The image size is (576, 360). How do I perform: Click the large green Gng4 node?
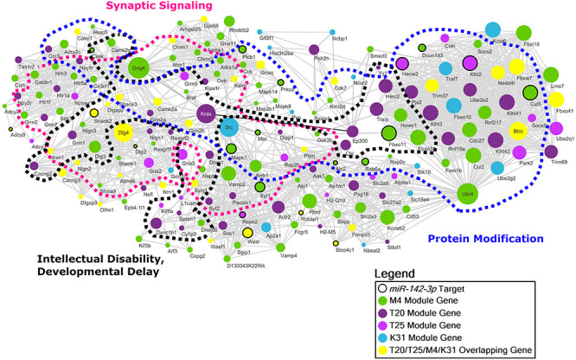pos(138,67)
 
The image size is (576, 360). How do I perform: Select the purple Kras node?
pos(206,113)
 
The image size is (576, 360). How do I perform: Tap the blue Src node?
pos(228,128)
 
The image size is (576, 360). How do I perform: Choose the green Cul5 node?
pos(529,92)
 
